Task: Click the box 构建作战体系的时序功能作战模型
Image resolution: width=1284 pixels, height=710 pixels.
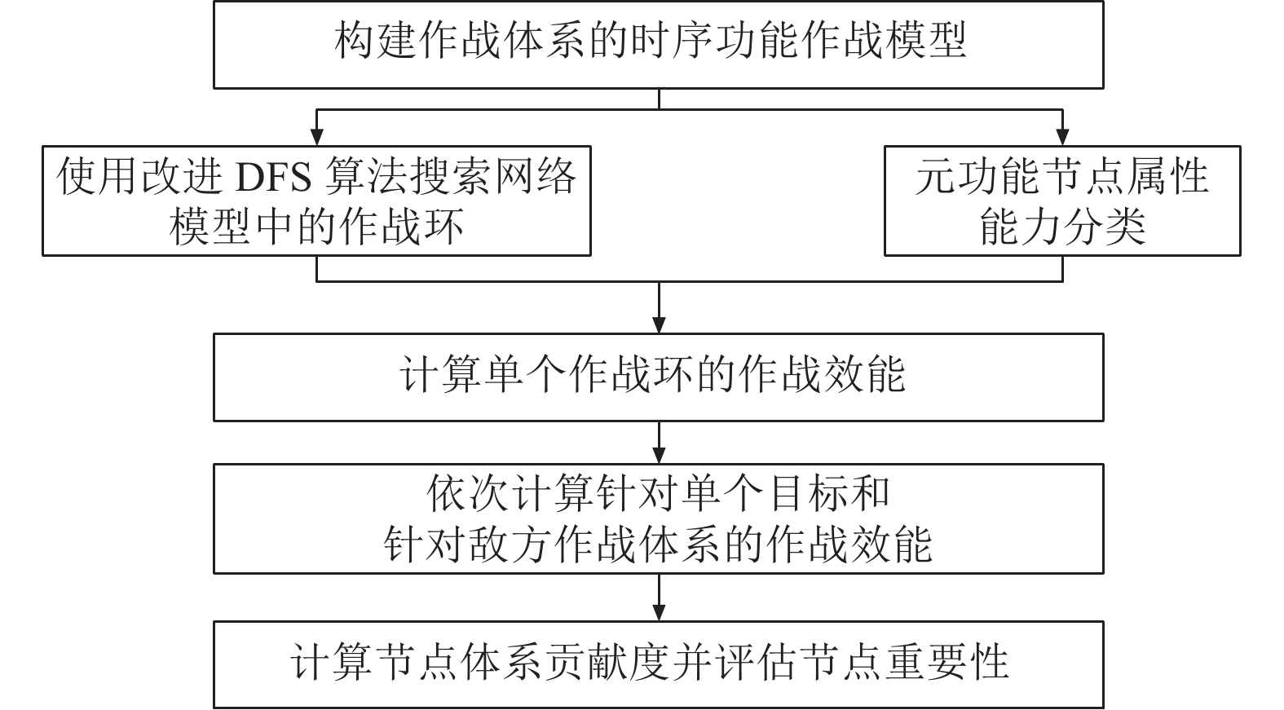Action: click(659, 45)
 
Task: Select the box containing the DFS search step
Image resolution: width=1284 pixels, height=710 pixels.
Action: click(316, 201)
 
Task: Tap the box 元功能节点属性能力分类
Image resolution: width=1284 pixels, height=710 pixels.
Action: click(1063, 201)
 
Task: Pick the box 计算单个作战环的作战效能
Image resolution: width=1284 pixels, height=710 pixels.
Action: click(659, 377)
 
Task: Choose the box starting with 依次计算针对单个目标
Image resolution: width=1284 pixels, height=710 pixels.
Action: click(659, 518)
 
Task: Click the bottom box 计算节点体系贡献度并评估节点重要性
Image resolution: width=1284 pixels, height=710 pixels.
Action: click(659, 664)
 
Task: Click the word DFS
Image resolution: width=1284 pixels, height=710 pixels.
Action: click(274, 178)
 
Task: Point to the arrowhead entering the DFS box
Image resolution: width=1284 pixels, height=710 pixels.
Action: click(316, 137)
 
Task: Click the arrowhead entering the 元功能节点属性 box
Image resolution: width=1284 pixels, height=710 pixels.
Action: click(1063, 137)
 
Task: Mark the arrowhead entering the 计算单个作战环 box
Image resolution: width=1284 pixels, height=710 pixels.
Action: click(660, 325)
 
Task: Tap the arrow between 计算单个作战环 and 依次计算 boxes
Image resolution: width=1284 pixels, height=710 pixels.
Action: click(660, 443)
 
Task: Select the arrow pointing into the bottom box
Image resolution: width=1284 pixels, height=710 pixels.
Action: click(660, 598)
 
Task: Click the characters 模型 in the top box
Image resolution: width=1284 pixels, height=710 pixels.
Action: click(926, 40)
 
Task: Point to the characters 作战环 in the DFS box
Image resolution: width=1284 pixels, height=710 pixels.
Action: click(401, 227)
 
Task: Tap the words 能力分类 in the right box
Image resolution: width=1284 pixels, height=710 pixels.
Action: click(1063, 227)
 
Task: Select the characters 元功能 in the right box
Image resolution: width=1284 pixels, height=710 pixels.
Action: click(978, 177)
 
